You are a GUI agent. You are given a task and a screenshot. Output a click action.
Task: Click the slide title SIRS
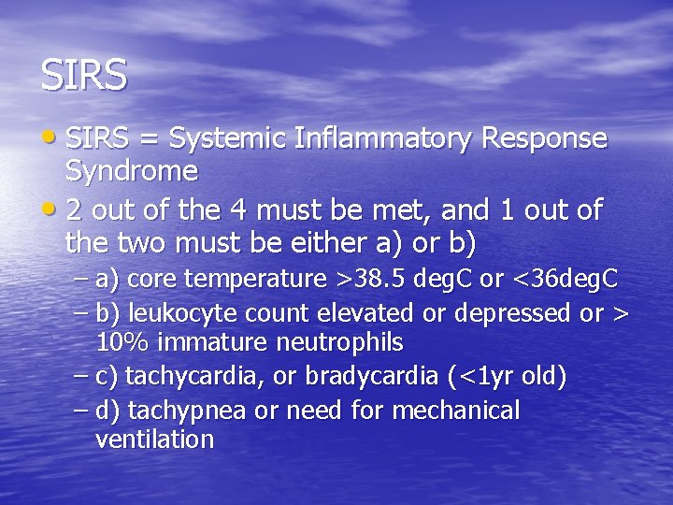click(83, 76)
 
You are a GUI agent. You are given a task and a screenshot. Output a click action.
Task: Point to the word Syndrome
click(131, 171)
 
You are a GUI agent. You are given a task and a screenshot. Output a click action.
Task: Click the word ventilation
click(154, 440)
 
